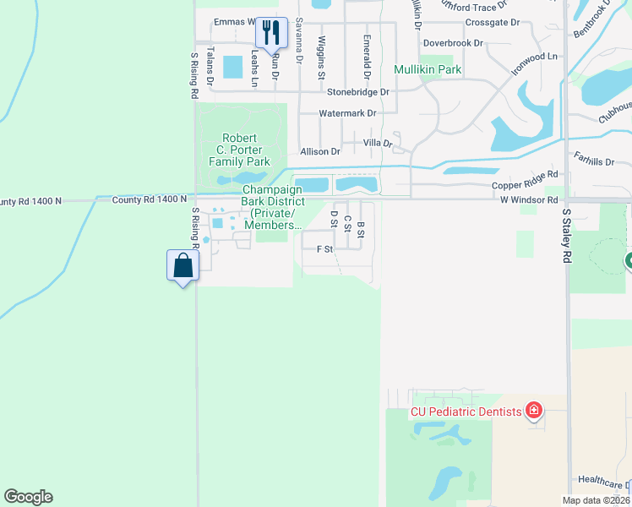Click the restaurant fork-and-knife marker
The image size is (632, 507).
coord(271,33)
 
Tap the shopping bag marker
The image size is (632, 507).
coord(183,265)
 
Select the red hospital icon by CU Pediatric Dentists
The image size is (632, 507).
coord(533,412)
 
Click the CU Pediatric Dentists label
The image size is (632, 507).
coord(466,412)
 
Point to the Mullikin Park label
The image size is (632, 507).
coord(428,68)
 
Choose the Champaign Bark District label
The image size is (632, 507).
coord(272,207)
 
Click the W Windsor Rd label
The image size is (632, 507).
coord(528,200)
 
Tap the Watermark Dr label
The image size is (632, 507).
coord(346,112)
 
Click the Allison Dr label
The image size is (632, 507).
coord(319,152)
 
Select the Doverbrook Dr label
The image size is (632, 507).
coord(453,42)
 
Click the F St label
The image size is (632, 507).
coord(324,249)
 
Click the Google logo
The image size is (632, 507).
coord(28,497)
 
